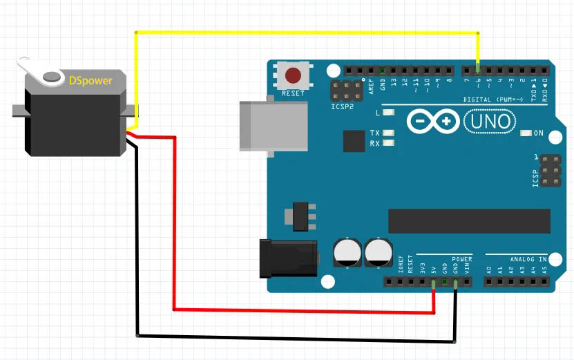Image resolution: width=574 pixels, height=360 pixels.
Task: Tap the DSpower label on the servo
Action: (90, 80)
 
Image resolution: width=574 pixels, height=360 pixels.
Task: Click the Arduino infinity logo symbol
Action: (433, 122)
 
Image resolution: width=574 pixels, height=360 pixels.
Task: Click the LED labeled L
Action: (389, 112)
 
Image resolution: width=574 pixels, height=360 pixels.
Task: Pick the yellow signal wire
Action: (304, 32)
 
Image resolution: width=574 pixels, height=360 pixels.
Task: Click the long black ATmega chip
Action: (469, 221)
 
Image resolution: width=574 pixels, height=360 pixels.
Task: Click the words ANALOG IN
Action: (528, 259)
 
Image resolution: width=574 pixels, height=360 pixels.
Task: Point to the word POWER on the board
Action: (462, 259)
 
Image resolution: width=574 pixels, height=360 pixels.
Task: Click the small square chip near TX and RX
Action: (354, 141)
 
